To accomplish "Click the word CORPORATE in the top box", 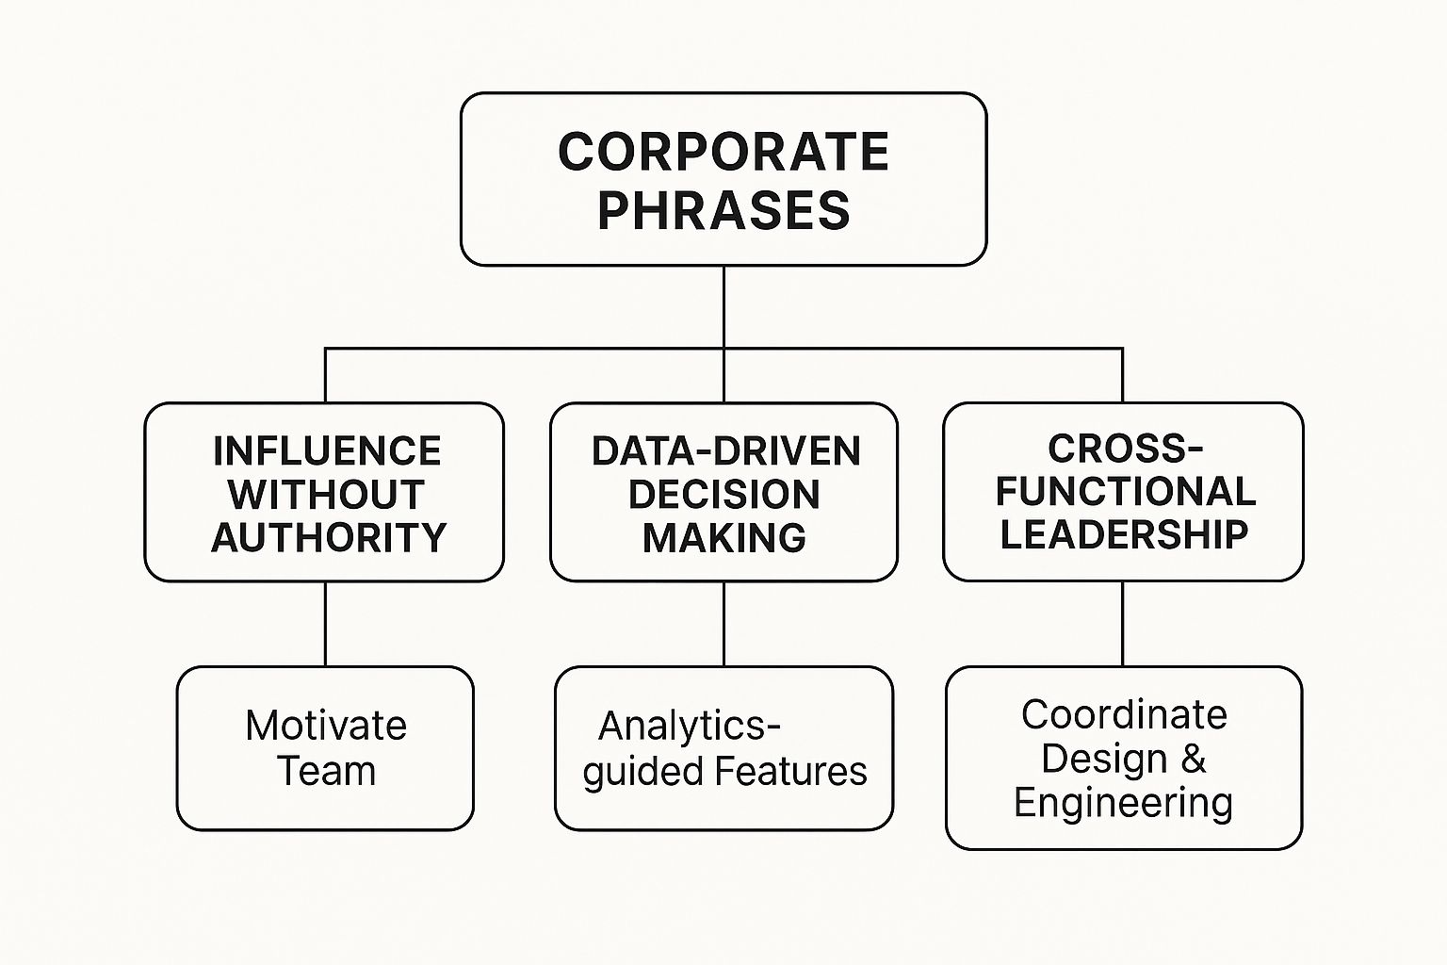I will pos(723,152).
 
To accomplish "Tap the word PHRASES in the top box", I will pos(723,209).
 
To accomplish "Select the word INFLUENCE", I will pos(327,451).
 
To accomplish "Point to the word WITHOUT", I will pos(326,495).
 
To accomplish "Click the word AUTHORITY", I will pos(329,538).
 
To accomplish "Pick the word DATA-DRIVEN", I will pos(725,451).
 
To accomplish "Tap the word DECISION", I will pos(723,495).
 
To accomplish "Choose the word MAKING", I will pos(723,538).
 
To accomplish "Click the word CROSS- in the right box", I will pos(1125,449).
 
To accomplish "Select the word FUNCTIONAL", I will pos(1125,491).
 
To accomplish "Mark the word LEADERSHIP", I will pos(1124,534).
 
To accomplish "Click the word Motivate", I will pos(326,726).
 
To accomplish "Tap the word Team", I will pos(326,771).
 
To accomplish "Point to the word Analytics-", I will pos(690,727).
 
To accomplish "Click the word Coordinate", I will pos(1124,714).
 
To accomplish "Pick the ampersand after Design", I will pos(1193,759).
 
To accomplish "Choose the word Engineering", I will pos(1123,803).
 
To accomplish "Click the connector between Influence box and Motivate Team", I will pos(326,624).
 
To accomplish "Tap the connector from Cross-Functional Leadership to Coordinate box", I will pos(1123,624).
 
